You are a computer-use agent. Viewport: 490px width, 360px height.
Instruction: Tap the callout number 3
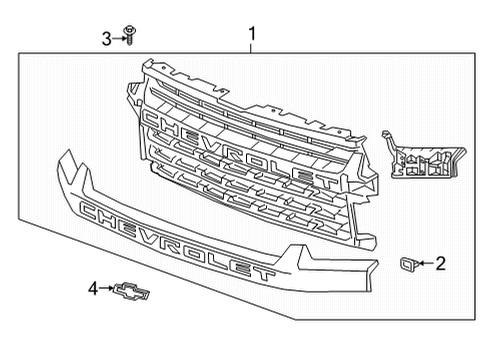[105, 38]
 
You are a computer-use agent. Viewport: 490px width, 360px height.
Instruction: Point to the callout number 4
[94, 289]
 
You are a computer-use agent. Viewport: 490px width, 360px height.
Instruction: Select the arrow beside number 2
[426, 264]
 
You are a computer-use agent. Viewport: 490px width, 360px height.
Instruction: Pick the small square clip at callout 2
[410, 264]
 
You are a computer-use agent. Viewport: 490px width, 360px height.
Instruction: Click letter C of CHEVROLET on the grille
[155, 119]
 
